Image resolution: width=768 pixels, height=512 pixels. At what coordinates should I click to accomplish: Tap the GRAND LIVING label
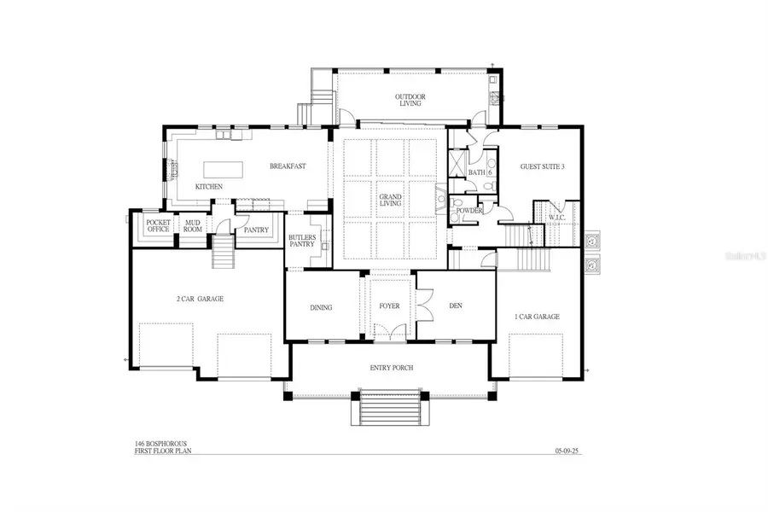click(x=390, y=202)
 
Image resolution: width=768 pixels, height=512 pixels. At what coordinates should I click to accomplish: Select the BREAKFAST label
click(x=288, y=166)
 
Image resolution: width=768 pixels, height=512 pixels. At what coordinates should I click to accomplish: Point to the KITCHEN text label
click(x=209, y=186)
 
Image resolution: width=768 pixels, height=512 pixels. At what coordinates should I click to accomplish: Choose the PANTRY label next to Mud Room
click(x=256, y=230)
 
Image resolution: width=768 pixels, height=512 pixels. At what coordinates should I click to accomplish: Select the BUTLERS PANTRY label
click(x=302, y=241)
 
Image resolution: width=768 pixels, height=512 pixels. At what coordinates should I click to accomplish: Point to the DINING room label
click(x=320, y=307)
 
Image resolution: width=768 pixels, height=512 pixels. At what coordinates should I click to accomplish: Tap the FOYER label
click(x=389, y=306)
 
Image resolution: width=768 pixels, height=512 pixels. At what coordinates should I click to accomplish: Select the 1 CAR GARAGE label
click(x=537, y=316)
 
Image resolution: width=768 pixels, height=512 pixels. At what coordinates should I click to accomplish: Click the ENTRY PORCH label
click(x=391, y=368)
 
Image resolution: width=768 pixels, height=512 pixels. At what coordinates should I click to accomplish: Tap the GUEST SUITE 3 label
click(x=543, y=166)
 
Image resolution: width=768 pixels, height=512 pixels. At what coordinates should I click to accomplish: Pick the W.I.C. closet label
click(x=557, y=218)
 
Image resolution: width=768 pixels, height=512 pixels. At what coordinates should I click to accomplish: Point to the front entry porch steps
click(x=389, y=413)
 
